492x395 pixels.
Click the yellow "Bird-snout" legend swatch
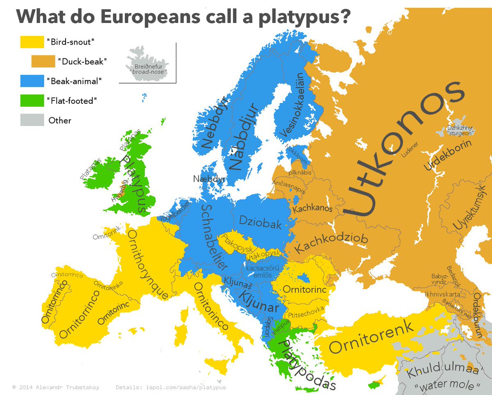[32, 42]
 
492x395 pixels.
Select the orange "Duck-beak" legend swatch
[43, 62]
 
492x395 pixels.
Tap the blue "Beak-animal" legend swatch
[32, 81]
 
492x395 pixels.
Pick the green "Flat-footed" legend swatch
[32, 100]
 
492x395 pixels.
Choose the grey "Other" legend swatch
[32, 120]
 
